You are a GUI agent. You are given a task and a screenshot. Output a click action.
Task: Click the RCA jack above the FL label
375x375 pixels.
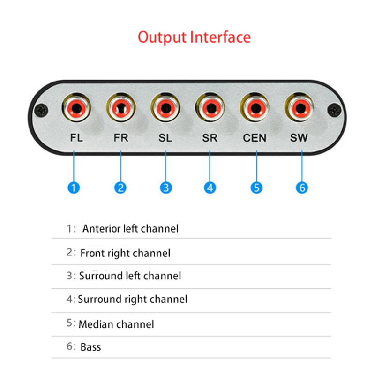pyautogui.click(x=75, y=108)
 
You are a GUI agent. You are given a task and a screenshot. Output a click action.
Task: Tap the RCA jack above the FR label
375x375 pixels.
pyautogui.click(x=121, y=108)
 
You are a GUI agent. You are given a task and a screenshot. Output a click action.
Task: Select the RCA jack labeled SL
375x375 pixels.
pyautogui.click(x=165, y=108)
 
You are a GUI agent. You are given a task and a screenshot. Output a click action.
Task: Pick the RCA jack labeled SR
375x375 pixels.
pyautogui.click(x=210, y=108)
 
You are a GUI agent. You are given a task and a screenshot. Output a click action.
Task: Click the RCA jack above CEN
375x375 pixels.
pyautogui.click(x=255, y=108)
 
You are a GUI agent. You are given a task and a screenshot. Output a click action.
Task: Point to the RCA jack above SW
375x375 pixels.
pyautogui.click(x=300, y=108)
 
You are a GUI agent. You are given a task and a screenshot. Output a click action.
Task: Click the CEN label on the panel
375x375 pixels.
pyautogui.click(x=255, y=138)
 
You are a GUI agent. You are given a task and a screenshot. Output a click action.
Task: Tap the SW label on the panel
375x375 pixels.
pyautogui.click(x=300, y=138)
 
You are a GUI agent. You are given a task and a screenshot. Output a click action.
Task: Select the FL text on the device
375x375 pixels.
pyautogui.click(x=75, y=138)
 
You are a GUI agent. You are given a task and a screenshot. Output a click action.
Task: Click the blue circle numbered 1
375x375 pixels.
pyautogui.click(x=74, y=188)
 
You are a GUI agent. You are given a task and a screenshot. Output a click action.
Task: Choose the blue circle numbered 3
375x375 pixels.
pyautogui.click(x=165, y=188)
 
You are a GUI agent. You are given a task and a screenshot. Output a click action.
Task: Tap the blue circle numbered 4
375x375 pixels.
pyautogui.click(x=210, y=188)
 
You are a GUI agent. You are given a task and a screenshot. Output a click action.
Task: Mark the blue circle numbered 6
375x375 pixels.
pyautogui.click(x=302, y=188)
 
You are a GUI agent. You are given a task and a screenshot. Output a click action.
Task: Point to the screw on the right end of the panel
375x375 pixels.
pyautogui.click(x=334, y=111)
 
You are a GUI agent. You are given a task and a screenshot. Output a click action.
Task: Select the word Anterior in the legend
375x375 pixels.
pyautogui.click(x=101, y=229)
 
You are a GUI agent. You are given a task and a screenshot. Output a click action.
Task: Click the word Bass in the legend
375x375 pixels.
pyautogui.click(x=90, y=347)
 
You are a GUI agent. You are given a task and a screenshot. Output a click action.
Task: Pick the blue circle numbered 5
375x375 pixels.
pyautogui.click(x=256, y=188)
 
